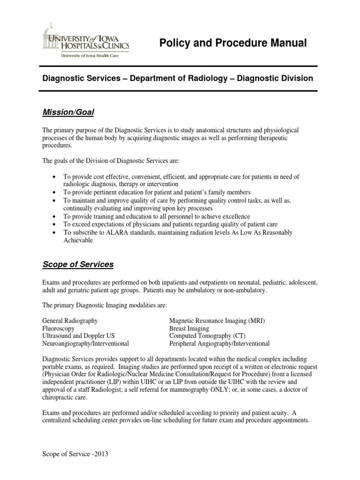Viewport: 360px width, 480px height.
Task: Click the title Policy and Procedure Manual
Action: [233, 44]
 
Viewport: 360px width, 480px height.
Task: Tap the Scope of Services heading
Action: [78, 264]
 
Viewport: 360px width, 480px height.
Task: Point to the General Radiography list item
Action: [70, 321]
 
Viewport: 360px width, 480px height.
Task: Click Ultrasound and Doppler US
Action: [78, 336]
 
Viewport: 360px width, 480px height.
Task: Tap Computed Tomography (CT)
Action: [207, 336]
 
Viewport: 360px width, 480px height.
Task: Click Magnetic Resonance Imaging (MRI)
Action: [217, 321]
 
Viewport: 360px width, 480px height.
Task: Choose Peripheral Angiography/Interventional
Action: [219, 343]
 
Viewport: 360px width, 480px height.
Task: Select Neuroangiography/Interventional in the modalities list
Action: [86, 343]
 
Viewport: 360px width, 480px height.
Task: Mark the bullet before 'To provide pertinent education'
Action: [55, 193]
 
